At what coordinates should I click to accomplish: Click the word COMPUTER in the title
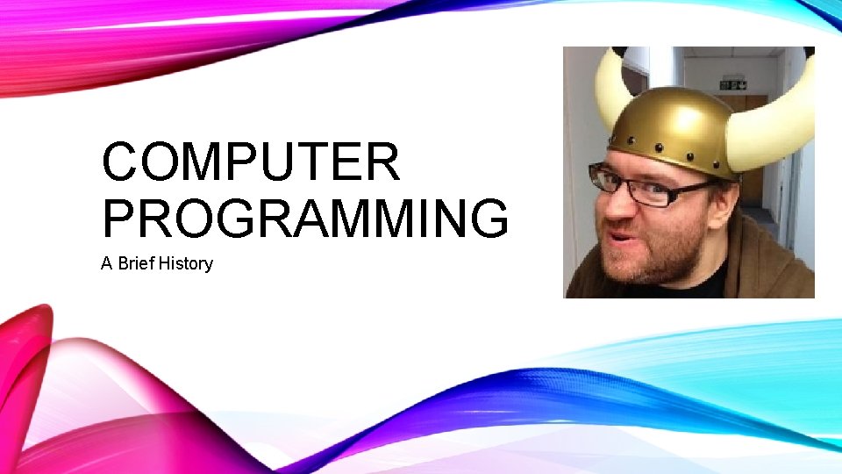(x=251, y=162)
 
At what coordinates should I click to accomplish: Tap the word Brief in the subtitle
(x=138, y=263)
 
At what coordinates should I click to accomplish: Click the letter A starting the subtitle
(x=107, y=263)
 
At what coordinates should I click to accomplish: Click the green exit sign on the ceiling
(x=732, y=85)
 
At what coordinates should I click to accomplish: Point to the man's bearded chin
(x=653, y=268)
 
